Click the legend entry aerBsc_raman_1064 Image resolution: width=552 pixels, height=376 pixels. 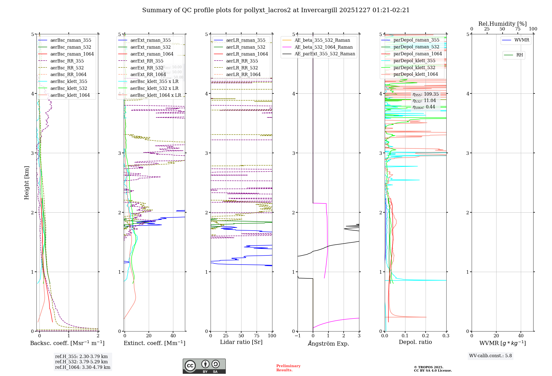click(x=72, y=54)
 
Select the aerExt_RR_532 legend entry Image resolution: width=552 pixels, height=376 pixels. click(x=147, y=68)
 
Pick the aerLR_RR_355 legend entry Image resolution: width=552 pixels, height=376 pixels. click(x=242, y=61)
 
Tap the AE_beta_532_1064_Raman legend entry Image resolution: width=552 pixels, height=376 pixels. click(x=323, y=47)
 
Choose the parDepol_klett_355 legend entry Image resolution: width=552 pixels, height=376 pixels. click(x=414, y=61)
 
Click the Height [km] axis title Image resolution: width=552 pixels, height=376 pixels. click(x=26, y=182)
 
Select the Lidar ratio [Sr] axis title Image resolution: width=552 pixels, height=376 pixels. click(x=241, y=342)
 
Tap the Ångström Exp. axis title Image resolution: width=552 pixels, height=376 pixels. click(x=328, y=343)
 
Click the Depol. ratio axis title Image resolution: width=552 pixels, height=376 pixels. click(x=415, y=342)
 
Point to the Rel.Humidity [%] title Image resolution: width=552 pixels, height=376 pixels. click(x=502, y=24)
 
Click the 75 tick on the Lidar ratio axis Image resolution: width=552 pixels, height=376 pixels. click(x=257, y=336)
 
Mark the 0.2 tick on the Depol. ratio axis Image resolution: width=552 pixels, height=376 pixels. click(x=426, y=336)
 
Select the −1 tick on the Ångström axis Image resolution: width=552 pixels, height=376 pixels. click(x=298, y=336)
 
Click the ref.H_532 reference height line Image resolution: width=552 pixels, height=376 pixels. click(x=81, y=362)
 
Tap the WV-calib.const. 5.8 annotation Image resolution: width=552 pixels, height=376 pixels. click(x=490, y=356)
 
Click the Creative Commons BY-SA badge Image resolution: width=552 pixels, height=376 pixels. click(x=204, y=366)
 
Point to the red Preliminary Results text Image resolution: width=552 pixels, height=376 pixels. click(x=288, y=368)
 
